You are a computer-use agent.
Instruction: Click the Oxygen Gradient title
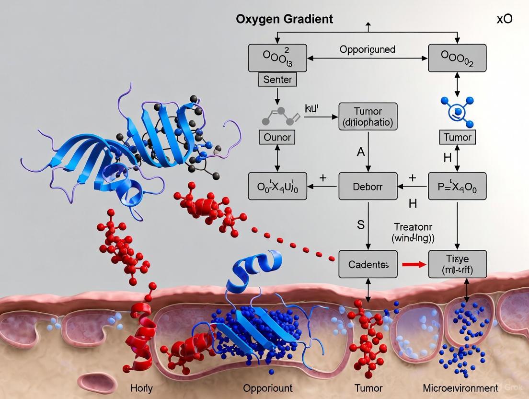point(284,20)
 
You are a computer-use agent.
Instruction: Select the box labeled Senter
point(277,79)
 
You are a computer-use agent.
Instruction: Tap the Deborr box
point(368,187)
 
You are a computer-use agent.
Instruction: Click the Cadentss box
point(368,264)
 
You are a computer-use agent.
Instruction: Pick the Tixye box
point(457,264)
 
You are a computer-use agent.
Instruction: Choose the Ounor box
point(277,138)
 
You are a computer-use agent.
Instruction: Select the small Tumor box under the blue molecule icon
point(457,138)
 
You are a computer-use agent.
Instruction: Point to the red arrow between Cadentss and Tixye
point(413,264)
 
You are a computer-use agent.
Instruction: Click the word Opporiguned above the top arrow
point(367,49)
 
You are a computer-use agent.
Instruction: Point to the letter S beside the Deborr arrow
point(361,224)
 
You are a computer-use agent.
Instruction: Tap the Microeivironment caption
point(460,388)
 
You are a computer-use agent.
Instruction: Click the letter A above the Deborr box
point(361,153)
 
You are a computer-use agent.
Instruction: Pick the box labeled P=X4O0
point(457,187)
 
